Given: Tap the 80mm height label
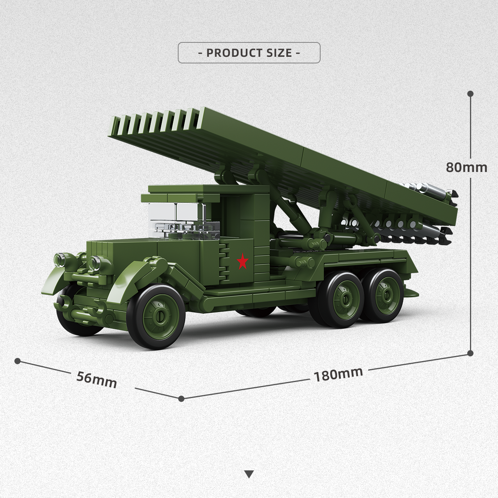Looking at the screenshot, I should tap(466, 167).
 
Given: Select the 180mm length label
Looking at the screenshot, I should tap(338, 374).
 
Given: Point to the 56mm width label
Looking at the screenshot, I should tap(96, 380).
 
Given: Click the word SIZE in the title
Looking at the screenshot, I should tap(279, 53).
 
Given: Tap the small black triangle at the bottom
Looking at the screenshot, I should tap(249, 474).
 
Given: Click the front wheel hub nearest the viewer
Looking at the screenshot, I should tap(160, 317).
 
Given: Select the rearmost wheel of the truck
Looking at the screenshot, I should tap(384, 296).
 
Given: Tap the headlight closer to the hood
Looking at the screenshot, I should tap(95, 262).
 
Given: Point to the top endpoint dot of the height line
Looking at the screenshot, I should tap(470, 94).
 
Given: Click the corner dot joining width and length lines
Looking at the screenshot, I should tap(181, 398).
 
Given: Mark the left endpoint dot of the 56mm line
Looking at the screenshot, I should tap(17, 361).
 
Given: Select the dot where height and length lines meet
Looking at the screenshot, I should tap(470, 353).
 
